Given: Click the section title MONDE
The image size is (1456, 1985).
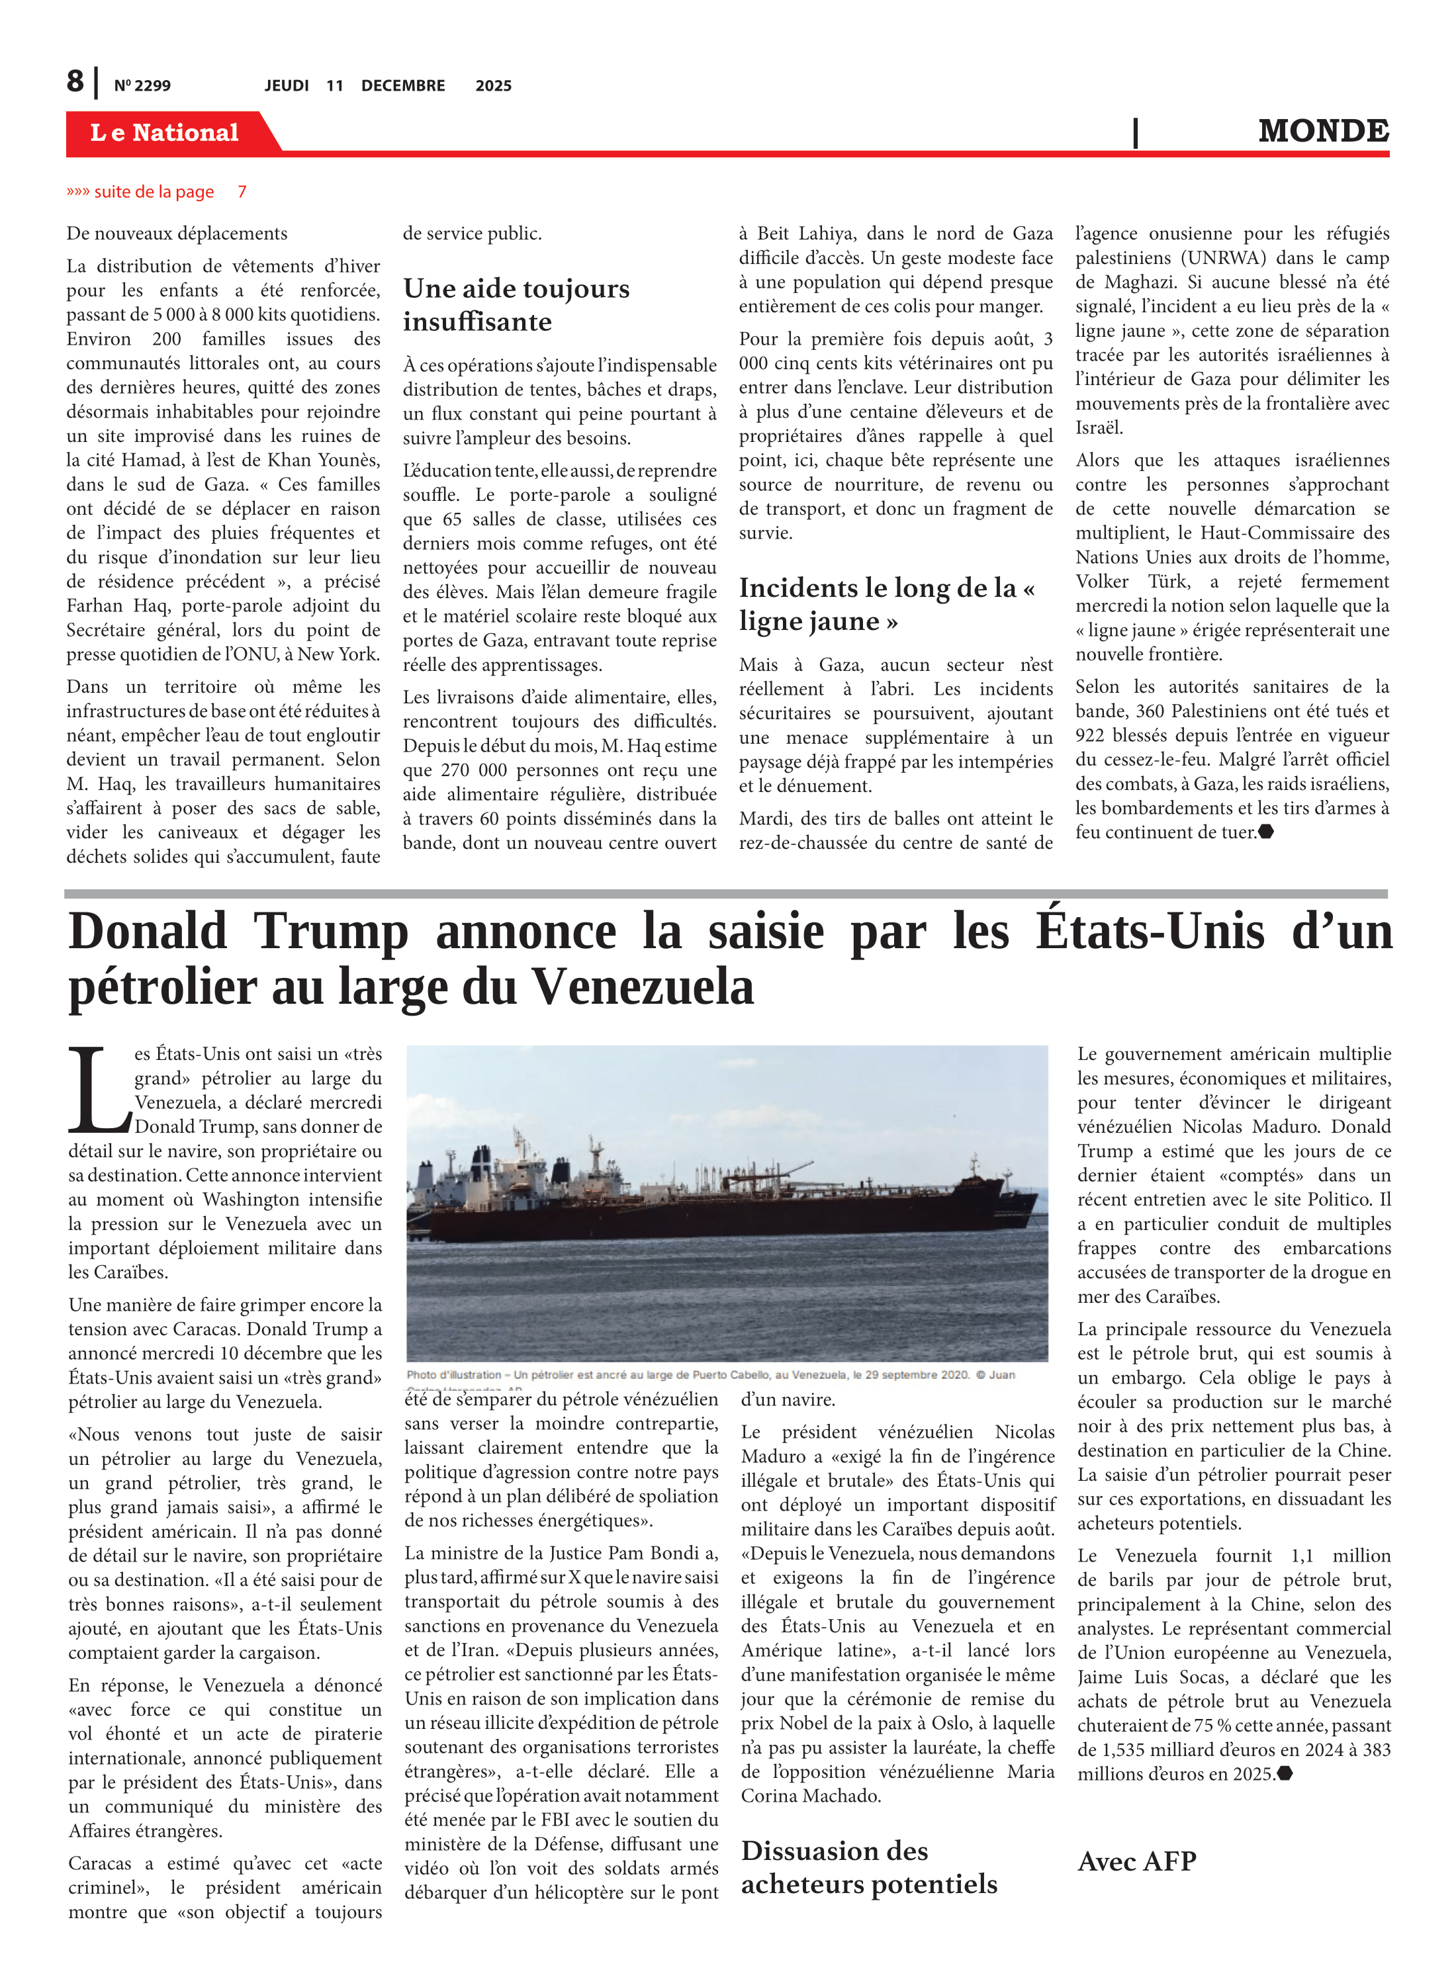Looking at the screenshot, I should click(x=1323, y=130).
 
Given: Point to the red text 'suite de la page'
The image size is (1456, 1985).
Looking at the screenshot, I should click(x=154, y=191).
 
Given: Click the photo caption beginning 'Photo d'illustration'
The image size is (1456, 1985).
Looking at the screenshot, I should click(x=709, y=1374).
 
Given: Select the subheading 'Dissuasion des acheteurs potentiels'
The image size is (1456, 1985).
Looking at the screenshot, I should click(x=868, y=1867).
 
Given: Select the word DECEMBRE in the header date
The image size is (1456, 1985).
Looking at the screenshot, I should click(x=403, y=85).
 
